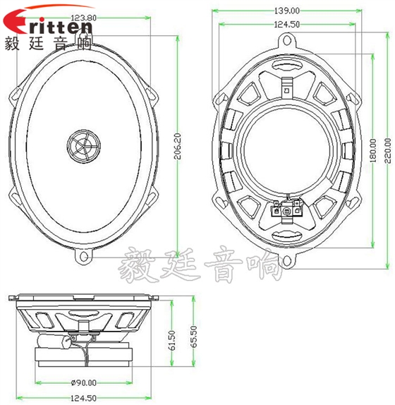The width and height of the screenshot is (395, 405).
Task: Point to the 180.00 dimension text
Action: coord(373,149)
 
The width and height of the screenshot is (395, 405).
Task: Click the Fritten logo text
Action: coord(49,27)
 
